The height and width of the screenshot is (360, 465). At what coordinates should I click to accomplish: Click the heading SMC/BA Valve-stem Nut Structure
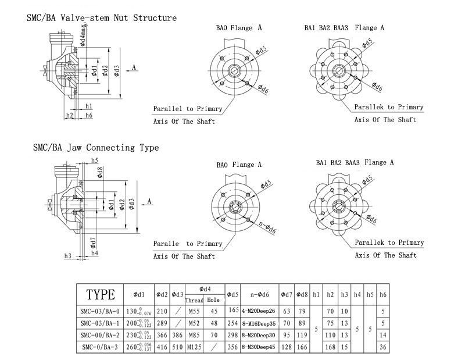102,17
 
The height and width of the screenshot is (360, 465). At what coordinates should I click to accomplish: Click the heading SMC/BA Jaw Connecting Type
96,148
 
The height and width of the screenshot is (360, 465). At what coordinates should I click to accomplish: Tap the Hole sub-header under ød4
214,300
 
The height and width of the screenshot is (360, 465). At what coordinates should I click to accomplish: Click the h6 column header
382,294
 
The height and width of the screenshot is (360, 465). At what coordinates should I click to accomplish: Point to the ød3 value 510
177,347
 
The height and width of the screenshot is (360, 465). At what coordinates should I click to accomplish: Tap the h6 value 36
382,347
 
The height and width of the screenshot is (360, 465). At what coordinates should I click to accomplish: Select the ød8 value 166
302,347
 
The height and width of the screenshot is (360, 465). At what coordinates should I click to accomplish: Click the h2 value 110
331,336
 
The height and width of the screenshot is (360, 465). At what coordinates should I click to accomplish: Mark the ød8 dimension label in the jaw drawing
101,172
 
